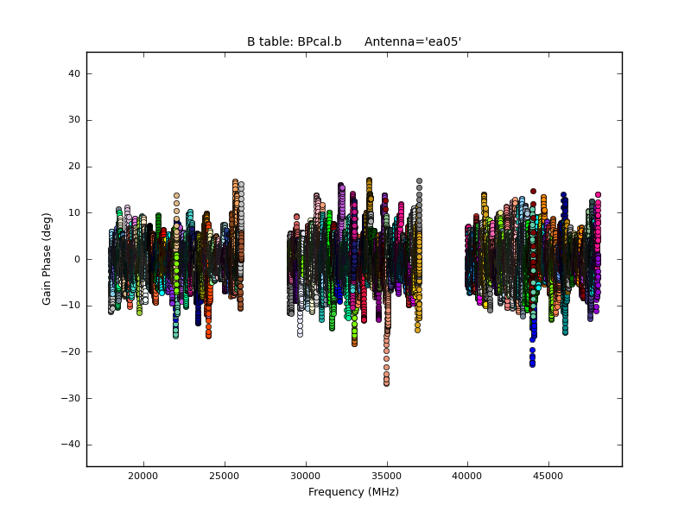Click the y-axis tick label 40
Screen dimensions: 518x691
[74, 73]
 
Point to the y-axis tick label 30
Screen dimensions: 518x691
[74, 120]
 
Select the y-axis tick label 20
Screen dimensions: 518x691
[74, 166]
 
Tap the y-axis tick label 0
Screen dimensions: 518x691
[78, 259]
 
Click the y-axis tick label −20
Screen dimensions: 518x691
[72, 351]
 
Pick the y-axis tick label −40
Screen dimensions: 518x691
[72, 444]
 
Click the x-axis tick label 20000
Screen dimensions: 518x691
[143, 476]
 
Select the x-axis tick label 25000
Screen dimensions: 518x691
[225, 476]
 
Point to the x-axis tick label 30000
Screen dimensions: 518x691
[306, 476]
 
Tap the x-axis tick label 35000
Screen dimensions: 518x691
[387, 476]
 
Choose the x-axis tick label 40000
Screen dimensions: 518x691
[468, 476]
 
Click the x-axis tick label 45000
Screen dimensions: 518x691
[549, 476]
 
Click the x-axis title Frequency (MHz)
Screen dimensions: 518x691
[353, 492]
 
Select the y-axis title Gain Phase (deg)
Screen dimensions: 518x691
[48, 259]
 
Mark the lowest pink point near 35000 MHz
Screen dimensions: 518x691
[386, 383]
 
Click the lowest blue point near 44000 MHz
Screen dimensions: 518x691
[533, 364]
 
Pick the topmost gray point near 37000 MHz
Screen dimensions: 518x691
[419, 181]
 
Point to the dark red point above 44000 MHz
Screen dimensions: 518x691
[533, 191]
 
